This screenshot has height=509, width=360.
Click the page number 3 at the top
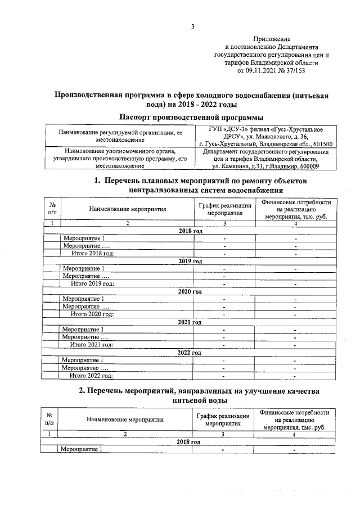pos(192,26)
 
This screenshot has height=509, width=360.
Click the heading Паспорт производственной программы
pos(192,117)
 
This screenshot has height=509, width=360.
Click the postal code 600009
pos(306,166)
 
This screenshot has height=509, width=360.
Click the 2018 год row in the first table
pos(190,232)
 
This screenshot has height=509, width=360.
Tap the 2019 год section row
pos(190,262)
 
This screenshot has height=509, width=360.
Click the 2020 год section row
pos(190,292)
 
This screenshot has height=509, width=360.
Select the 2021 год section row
pos(190,322)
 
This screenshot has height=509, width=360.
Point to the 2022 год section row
pos(190,353)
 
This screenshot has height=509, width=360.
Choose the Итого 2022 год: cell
pos(91,375)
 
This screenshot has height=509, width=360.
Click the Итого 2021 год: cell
pos(91,345)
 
